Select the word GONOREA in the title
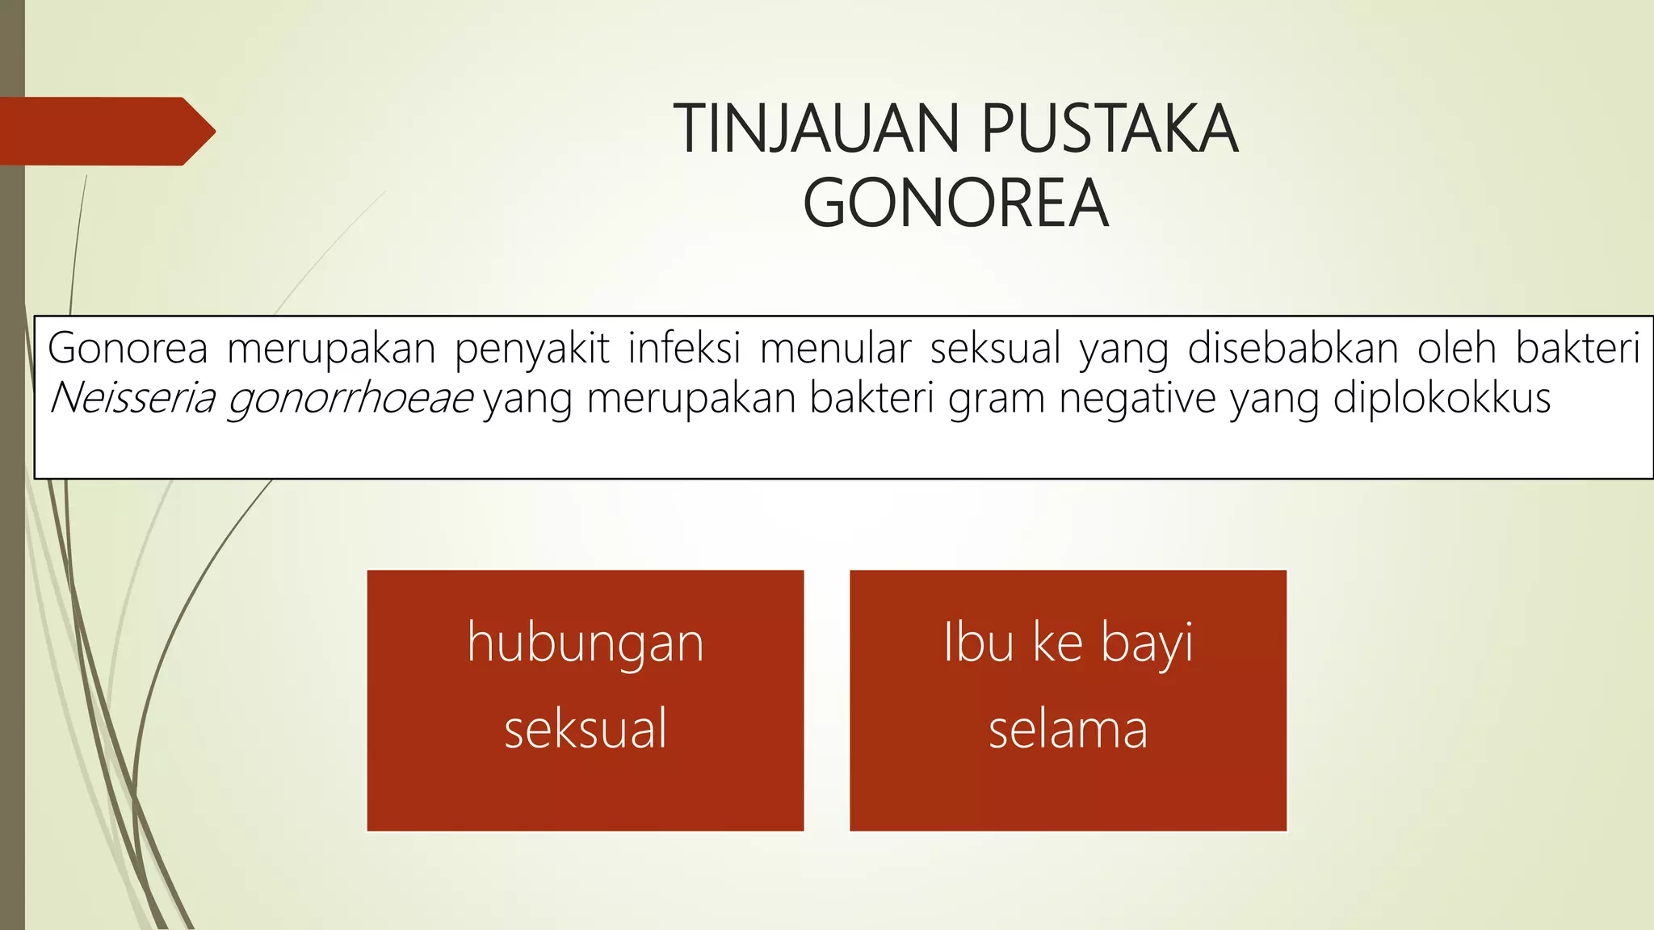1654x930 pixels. coord(955,203)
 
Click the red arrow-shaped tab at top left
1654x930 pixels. coord(105,131)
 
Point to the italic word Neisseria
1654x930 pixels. coord(132,398)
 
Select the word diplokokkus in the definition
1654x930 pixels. coord(1442,398)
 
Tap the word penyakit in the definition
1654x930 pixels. coord(531,350)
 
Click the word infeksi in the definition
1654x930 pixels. coord(684,348)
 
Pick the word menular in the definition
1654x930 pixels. coord(835,348)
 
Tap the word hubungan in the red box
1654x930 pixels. coord(586,644)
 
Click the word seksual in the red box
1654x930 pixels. coord(586,728)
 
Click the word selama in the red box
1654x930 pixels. coord(1068,728)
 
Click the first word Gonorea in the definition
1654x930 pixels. coord(128,348)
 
